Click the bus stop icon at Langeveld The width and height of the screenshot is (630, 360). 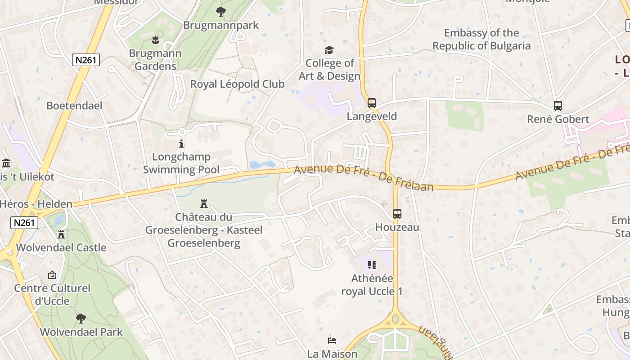coord(372,103)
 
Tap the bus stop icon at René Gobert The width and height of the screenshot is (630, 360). coord(558,106)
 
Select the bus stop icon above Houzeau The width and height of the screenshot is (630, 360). coord(397,214)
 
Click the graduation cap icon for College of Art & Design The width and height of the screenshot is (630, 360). coord(329,50)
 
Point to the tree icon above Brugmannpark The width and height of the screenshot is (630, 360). coord(220,11)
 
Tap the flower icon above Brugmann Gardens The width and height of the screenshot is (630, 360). coord(155,40)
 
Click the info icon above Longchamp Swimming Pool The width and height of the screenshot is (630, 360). coord(181,144)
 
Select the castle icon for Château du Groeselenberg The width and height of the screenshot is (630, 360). coord(204,204)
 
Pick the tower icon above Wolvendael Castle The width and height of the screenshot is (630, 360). coord(61,234)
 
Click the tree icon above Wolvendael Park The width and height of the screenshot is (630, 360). coord(81,319)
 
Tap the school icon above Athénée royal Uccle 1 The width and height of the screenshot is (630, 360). coord(372,265)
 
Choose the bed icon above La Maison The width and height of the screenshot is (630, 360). coord(332,340)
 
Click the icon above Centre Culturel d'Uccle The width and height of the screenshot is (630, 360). coord(52,274)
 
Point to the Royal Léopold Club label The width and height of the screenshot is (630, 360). coord(237,84)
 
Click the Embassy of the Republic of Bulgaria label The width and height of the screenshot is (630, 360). coord(481,40)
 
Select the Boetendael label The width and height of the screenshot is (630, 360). coord(75,106)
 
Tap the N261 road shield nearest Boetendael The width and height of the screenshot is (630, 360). coord(85,60)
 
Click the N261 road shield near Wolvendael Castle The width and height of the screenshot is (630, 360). coord(24,222)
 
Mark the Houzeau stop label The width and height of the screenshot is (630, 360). coord(397,227)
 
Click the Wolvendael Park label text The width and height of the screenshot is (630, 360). coord(81,332)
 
